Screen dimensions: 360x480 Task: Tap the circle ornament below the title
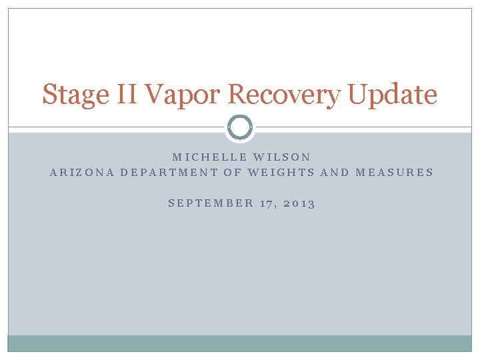pyautogui.click(x=240, y=127)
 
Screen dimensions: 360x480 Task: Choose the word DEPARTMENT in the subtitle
pyautogui.click(x=170, y=172)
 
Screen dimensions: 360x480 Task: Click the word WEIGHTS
pyautogui.click(x=280, y=172)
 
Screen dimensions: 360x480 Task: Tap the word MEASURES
pyautogui.click(x=395, y=172)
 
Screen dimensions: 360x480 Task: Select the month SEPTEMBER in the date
pyautogui.click(x=211, y=203)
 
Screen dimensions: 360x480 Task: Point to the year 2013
pyautogui.click(x=299, y=203)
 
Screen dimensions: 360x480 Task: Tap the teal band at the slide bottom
pyautogui.click(x=240, y=343)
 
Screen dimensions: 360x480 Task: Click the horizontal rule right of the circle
pyautogui.click(x=363, y=127)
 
